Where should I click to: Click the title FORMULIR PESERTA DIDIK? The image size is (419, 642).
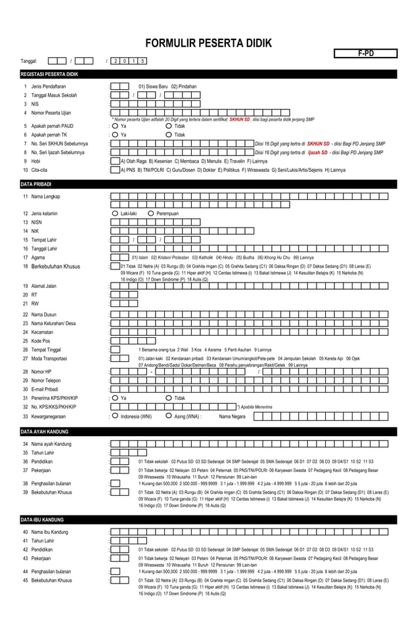(208, 43)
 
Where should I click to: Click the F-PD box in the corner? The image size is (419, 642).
(366, 53)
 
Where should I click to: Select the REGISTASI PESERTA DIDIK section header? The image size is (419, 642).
(49, 74)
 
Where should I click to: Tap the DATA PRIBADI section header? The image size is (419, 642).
(36, 184)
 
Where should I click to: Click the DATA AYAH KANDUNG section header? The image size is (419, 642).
(45, 432)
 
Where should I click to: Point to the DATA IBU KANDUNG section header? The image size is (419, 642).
(42, 519)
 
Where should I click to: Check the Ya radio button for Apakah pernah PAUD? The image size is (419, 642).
(114, 127)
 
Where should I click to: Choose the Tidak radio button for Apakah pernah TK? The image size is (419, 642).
(169, 135)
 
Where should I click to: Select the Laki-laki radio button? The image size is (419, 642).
(116, 213)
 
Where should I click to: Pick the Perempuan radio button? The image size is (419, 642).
(151, 213)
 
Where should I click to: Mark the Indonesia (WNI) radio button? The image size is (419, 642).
(115, 415)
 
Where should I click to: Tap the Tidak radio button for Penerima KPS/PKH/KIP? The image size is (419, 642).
(169, 397)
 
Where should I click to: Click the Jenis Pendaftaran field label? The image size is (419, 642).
(49, 87)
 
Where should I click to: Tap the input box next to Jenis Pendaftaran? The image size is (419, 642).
(120, 87)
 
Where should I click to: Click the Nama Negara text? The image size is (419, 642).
(232, 416)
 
